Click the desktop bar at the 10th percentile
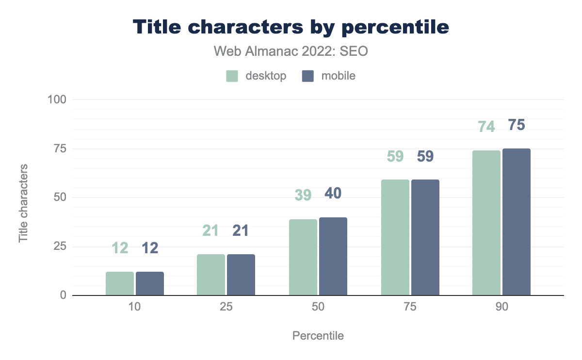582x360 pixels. pyautogui.click(x=120, y=283)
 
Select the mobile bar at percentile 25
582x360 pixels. pyautogui.click(x=241, y=275)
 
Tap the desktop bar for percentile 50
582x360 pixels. pyautogui.click(x=303, y=257)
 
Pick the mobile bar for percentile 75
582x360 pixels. pyautogui.click(x=425, y=237)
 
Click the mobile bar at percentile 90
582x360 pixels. pyautogui.click(x=517, y=222)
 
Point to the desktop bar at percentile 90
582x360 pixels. pyautogui.click(x=486, y=223)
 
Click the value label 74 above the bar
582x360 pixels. pyautogui.click(x=486, y=127)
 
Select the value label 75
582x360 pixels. pyautogui.click(x=517, y=125)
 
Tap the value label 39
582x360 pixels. pyautogui.click(x=303, y=195)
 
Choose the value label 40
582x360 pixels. pyautogui.click(x=333, y=193)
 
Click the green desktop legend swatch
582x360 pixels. pyautogui.click(x=232, y=76)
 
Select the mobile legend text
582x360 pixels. pyautogui.click(x=338, y=76)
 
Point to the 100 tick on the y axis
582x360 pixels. pyautogui.click(x=57, y=99)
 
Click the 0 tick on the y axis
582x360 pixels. pyautogui.click(x=63, y=295)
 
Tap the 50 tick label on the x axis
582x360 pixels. pyautogui.click(x=318, y=308)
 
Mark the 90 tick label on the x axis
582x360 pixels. pyautogui.click(x=501, y=308)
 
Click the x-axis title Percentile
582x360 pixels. pyautogui.click(x=318, y=336)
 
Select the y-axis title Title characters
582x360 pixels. pyautogui.click(x=23, y=203)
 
